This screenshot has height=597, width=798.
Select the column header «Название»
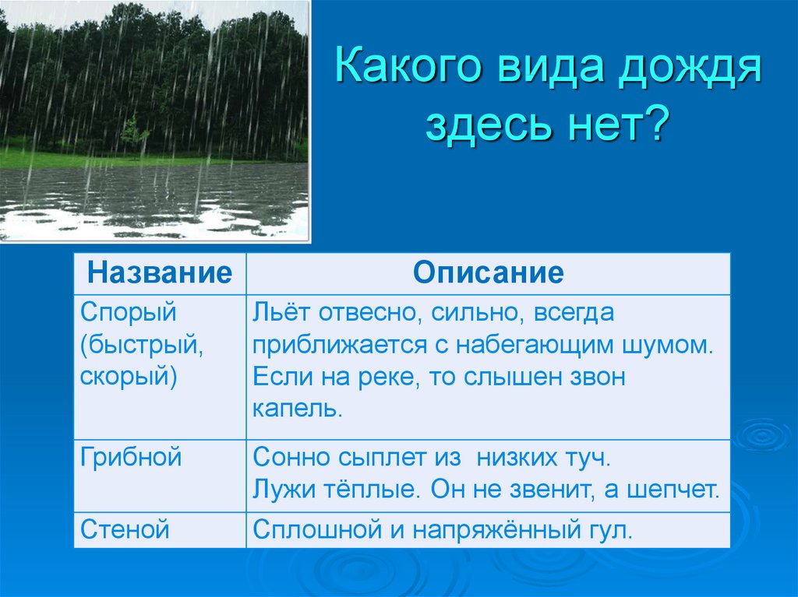(160, 272)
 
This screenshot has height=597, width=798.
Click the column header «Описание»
(488, 272)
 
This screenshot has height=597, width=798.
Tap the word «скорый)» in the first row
(129, 377)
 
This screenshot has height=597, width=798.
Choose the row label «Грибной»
(131, 456)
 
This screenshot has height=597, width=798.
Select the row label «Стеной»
(125, 529)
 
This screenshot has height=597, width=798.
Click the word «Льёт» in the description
(282, 311)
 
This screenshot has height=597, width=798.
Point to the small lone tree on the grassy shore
(134, 134)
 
